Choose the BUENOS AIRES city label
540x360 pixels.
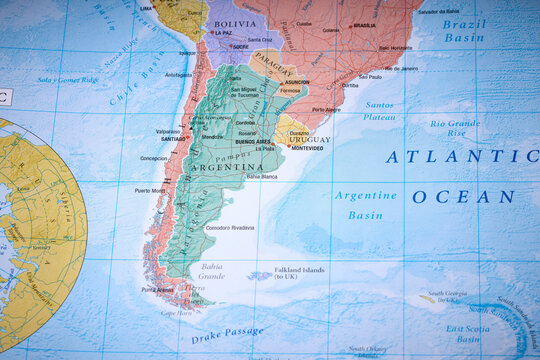252,142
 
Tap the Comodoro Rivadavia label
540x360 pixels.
229,228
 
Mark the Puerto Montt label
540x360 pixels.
150,190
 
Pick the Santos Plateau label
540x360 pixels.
379,111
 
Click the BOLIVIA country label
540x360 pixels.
235,23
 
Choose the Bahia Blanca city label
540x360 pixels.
261,177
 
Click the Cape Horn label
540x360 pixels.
176,313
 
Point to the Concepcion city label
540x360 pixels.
153,158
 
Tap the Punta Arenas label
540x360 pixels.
157,290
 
